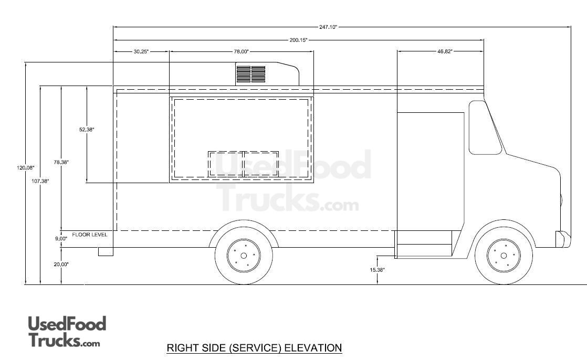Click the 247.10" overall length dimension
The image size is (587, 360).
[328, 27]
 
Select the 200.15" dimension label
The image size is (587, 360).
[298, 40]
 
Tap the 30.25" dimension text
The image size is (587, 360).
[141, 51]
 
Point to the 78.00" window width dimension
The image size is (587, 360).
[242, 51]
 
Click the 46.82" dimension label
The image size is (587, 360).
[445, 51]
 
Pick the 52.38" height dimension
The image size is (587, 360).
[87, 130]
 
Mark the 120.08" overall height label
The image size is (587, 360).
[25, 167]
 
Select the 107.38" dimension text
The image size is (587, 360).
[40, 181]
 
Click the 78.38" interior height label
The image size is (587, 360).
[61, 162]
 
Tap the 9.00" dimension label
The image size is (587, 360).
[61, 238]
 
